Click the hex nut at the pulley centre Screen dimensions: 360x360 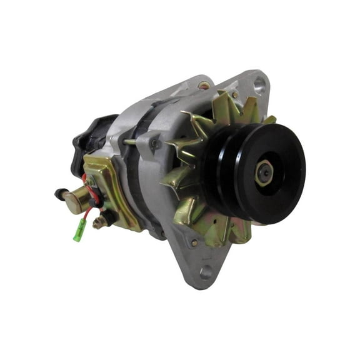tap(263, 173)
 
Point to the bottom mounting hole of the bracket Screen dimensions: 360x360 tap(206, 273)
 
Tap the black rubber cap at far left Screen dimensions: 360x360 tap(59, 194)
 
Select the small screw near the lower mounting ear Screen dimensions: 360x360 tap(196, 242)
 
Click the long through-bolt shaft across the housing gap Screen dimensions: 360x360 tap(134, 142)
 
